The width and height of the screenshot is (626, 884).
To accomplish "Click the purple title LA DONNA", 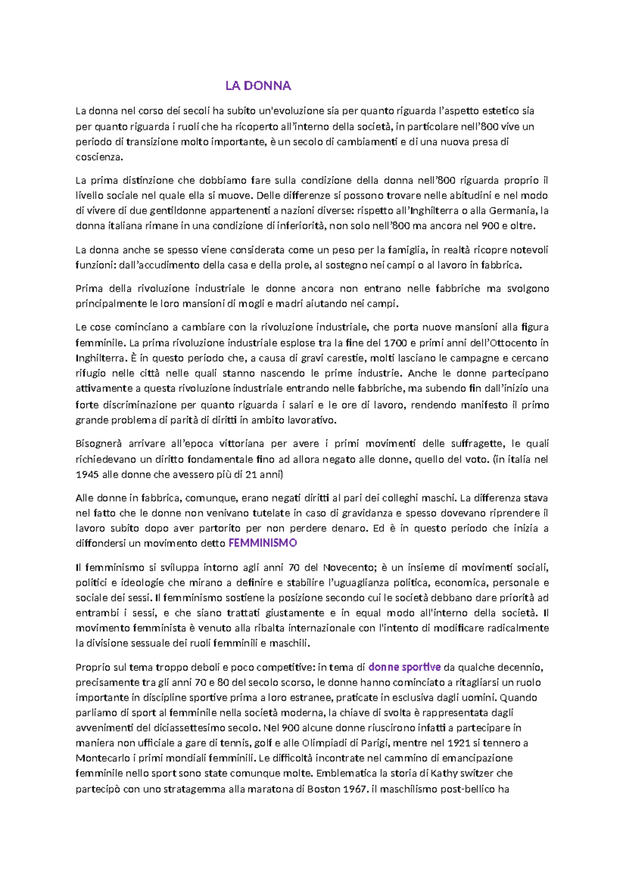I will point(258,86).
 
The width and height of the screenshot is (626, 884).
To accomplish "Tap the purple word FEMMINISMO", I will point(262,543).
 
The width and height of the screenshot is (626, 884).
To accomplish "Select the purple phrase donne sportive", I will point(404,667).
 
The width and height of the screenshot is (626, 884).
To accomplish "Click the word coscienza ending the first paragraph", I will point(99,157).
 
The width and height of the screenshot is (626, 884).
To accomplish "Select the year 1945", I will point(87,475).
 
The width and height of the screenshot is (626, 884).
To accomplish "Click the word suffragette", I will point(476,444).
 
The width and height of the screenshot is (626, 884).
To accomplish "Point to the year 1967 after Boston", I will point(355,789).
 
